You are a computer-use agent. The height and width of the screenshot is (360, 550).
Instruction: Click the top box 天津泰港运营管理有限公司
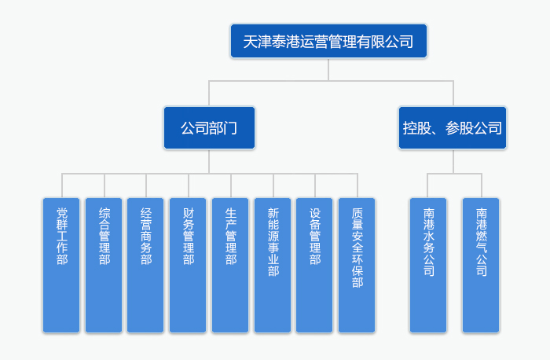coord(328,41)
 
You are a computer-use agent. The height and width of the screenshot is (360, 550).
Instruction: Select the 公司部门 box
coord(209,127)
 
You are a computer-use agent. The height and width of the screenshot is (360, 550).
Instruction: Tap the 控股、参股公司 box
coord(453,127)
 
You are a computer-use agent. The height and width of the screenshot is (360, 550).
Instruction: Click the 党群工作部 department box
coord(62,265)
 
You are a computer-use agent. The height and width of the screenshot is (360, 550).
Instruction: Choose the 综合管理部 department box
coord(104,265)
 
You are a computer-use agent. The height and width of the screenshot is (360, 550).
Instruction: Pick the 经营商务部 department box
coord(146,265)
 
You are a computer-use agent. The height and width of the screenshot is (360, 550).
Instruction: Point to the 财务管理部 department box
coord(189,265)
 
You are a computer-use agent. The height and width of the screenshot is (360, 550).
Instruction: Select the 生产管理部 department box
coord(231,265)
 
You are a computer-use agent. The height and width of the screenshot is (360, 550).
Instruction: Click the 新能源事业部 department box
coord(273,265)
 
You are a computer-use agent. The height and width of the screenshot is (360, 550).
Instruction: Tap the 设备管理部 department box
coord(315,265)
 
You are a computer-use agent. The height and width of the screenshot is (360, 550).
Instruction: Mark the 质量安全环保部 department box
coord(357,265)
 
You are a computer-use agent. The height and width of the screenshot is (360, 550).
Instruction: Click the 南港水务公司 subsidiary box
coord(428,265)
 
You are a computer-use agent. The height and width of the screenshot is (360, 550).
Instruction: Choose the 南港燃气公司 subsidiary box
coord(481,265)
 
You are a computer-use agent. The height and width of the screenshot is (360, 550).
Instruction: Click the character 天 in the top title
coord(251,42)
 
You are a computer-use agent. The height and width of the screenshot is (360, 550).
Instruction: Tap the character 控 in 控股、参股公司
coord(411,128)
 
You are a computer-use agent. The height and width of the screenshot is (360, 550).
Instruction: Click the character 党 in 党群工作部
coord(62,212)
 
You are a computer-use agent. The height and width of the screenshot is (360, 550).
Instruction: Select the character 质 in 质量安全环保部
coord(357,212)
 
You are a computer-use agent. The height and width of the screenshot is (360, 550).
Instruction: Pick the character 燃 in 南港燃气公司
coord(481,242)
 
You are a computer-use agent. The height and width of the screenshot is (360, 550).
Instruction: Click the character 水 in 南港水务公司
coord(428,242)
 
